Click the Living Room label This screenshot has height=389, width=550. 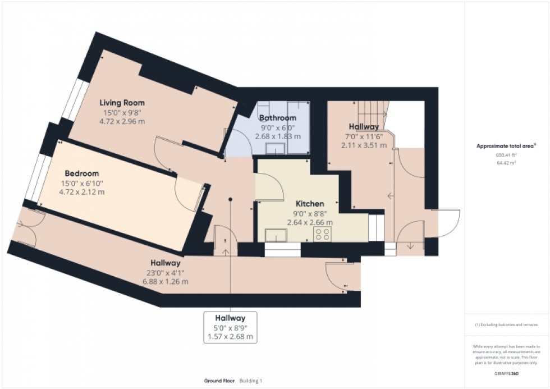pos(122,103)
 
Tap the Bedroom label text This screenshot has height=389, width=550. pos(81,173)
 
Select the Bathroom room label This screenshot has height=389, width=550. pos(277,118)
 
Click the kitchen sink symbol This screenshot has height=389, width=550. pos(276,236)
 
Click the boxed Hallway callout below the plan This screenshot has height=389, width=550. pos(230,327)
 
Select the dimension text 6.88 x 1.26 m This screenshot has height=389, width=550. pos(164,281)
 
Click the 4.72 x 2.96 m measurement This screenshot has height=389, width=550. pos(122,121)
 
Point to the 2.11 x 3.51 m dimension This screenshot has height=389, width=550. pos(363,145)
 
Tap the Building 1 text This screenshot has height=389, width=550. pos(251,381)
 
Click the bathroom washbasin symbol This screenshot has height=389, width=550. pos(275,148)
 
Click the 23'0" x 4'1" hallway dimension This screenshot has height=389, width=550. pos(164,273)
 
